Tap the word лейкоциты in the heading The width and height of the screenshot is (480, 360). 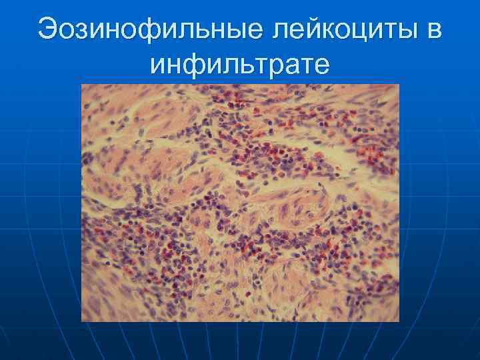pyautogui.click(x=344, y=31)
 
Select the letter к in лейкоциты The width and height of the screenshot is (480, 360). pyautogui.click(x=333, y=32)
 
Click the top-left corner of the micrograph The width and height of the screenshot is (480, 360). pyautogui.click(x=81, y=85)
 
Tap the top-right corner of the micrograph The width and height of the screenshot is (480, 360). pyautogui.click(x=399, y=85)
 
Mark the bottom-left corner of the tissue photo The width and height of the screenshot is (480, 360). pyautogui.click(x=81, y=321)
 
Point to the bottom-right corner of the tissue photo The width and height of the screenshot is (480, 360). pyautogui.click(x=399, y=321)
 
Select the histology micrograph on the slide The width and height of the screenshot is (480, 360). pyautogui.click(x=240, y=203)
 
